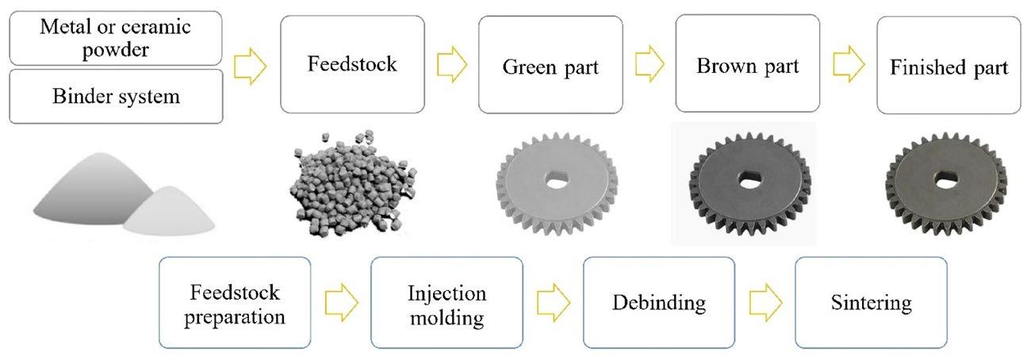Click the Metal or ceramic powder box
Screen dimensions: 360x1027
(x=116, y=38)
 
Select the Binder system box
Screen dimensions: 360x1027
(x=116, y=98)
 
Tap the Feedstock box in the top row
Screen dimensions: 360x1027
(x=352, y=64)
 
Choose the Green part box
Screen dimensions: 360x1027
(x=550, y=67)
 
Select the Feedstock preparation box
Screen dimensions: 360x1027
(x=234, y=303)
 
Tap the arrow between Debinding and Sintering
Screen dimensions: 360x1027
(x=765, y=303)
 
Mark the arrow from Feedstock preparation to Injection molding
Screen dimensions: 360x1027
(x=342, y=303)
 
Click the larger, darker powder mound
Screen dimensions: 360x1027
(x=87, y=198)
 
